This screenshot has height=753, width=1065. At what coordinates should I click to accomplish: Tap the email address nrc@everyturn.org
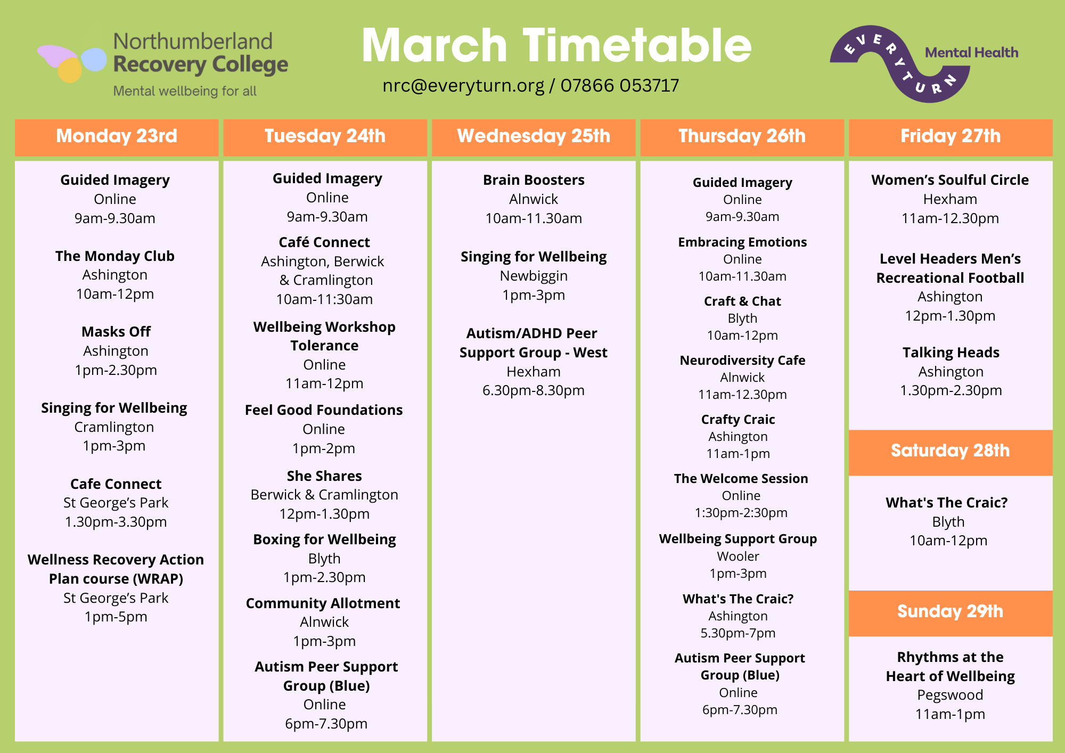463,85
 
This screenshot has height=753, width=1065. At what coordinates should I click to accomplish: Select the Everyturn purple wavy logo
900,64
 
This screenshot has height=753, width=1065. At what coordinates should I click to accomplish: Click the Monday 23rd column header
117,136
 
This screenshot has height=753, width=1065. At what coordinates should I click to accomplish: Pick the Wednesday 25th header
534,136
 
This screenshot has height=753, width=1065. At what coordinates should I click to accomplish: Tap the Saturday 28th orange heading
951,452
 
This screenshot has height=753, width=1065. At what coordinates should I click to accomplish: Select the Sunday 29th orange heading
951,612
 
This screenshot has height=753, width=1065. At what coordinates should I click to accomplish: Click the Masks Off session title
116,332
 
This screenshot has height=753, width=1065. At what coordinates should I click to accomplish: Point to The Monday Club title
115,256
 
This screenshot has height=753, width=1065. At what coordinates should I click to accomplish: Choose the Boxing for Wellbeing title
325,539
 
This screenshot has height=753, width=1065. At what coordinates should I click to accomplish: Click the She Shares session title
324,476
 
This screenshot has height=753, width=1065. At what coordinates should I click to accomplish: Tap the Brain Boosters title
534,180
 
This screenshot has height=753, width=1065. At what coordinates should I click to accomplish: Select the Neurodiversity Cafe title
742,361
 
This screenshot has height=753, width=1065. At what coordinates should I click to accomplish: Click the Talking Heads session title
951,353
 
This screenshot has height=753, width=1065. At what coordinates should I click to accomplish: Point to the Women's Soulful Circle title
950,180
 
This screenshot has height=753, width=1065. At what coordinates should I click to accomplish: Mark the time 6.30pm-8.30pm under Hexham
534,390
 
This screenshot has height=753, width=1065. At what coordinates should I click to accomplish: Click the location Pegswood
950,695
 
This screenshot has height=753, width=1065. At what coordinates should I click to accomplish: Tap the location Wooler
738,556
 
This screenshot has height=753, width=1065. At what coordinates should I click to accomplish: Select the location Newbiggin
534,276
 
